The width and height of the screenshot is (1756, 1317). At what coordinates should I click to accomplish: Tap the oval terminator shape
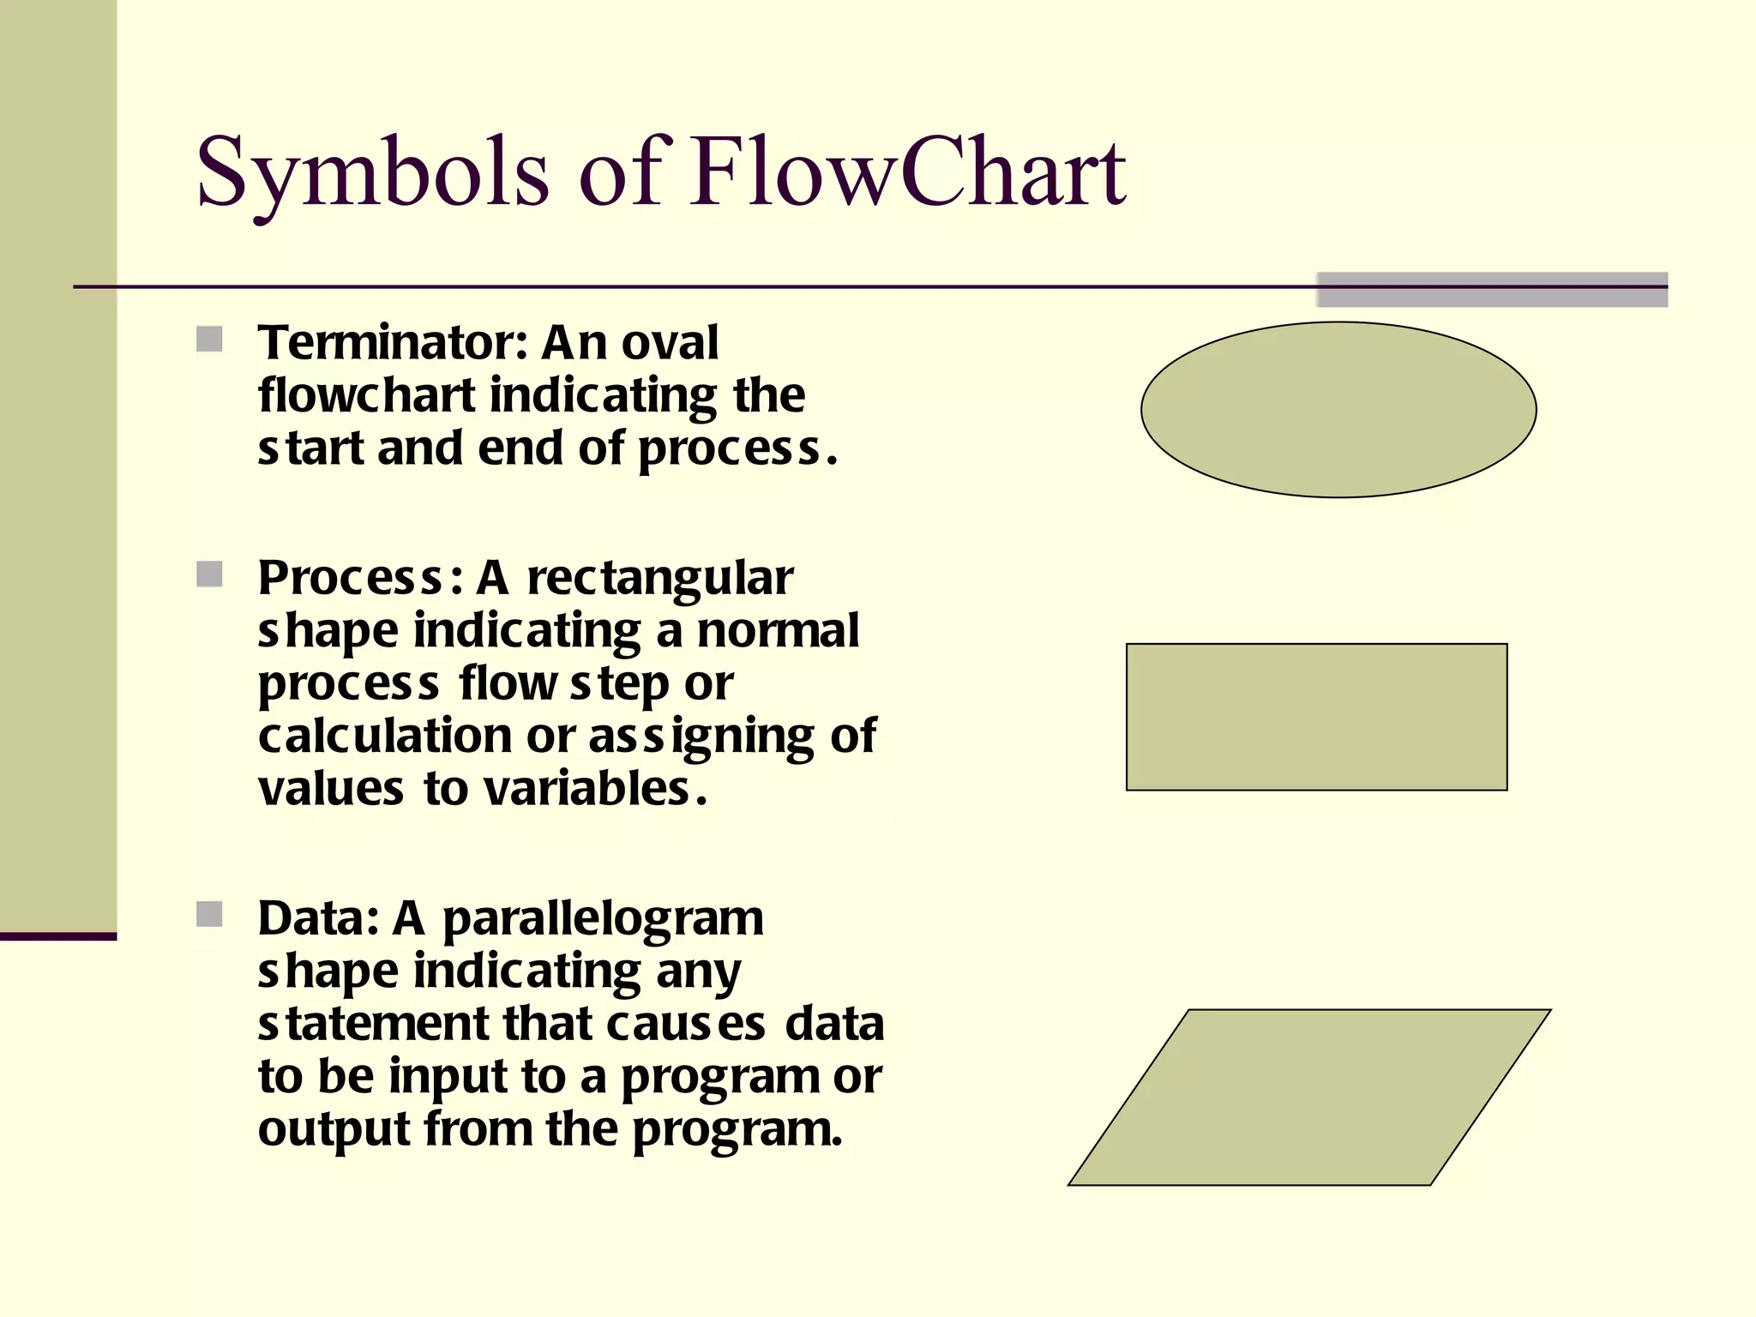[1338, 410]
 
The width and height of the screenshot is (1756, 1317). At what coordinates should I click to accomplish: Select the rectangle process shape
[1316, 717]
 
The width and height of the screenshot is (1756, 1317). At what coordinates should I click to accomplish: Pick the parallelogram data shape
[1309, 1097]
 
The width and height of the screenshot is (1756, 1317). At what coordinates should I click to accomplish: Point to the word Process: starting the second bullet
[360, 578]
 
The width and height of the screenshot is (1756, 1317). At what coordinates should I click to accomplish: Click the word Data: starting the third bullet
[318, 918]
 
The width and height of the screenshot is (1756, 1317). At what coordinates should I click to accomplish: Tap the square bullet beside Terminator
[209, 340]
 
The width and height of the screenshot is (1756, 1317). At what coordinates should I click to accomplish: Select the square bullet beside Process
[209, 574]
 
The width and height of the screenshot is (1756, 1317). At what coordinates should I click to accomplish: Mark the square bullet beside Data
[209, 914]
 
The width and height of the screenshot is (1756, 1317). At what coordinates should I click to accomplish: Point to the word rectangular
[659, 578]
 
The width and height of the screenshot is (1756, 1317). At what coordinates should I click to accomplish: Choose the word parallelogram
[603, 920]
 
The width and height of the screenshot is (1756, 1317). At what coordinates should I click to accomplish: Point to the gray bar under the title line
[1492, 290]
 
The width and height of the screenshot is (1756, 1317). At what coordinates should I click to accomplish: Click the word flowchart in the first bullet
[366, 395]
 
